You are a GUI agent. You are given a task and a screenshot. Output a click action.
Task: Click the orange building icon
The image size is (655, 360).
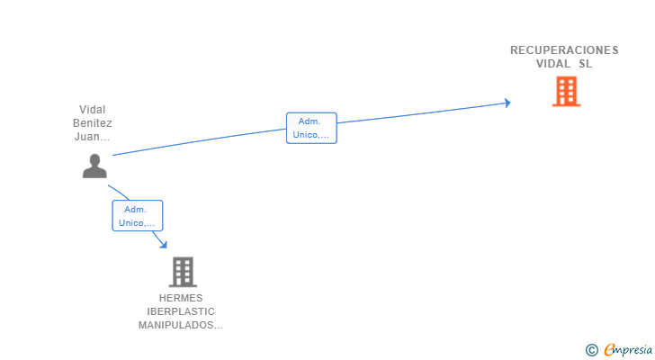[x=566, y=92]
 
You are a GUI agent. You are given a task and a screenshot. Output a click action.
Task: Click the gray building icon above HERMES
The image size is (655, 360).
[x=183, y=272]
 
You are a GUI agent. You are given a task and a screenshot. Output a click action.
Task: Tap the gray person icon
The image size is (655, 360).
[x=94, y=166]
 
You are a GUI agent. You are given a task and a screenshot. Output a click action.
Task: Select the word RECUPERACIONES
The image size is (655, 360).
[x=564, y=50]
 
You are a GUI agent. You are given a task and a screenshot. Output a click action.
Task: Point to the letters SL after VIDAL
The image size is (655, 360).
[x=585, y=64]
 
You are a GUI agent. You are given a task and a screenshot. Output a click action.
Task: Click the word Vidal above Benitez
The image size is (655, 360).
[x=93, y=110]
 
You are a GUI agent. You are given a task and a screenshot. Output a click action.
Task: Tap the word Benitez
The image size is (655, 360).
[x=93, y=123]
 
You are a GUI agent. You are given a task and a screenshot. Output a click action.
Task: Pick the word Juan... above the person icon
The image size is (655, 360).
[x=92, y=137]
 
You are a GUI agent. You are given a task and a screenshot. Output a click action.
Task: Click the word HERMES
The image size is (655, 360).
[x=181, y=298]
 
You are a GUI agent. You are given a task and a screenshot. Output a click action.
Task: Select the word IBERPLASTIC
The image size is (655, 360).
[x=181, y=311]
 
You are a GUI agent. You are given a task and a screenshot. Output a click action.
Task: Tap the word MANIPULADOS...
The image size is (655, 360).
[x=181, y=325]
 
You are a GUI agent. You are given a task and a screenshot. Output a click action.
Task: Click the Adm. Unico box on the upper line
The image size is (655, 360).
[x=311, y=128]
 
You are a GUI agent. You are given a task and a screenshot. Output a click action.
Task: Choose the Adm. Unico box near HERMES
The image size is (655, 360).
[x=138, y=215]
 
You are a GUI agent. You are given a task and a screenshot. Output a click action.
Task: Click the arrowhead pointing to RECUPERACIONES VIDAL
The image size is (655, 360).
[x=507, y=103]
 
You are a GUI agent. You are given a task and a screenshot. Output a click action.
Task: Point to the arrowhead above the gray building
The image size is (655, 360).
[x=164, y=244]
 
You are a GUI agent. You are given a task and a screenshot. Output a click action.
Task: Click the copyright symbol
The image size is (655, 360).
[x=592, y=350]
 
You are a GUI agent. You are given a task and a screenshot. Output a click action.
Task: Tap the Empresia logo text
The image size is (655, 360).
[x=628, y=349]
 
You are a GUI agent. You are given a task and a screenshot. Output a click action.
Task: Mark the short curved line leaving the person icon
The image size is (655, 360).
[x=119, y=192]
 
